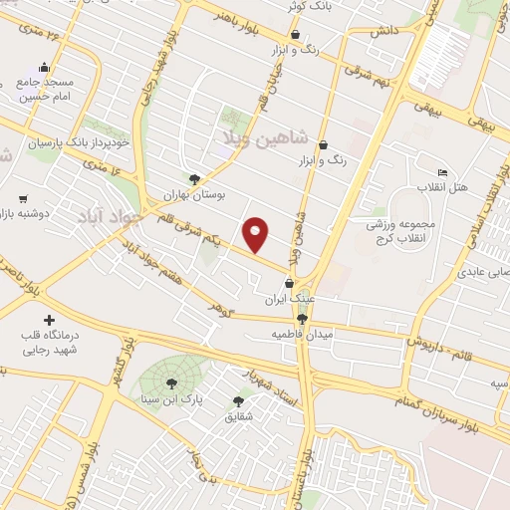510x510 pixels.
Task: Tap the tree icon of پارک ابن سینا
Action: click(x=170, y=382)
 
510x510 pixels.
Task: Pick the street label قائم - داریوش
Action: click(x=442, y=350)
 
